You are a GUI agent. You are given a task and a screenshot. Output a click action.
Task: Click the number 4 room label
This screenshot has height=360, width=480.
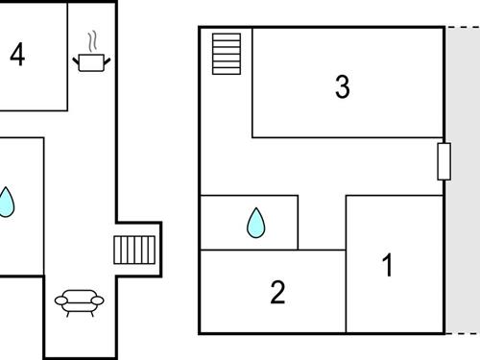tap(16, 55)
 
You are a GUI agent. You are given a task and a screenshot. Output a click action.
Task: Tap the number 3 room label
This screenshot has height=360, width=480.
tap(343, 87)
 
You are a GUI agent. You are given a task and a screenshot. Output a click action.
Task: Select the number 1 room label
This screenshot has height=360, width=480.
tap(388, 265)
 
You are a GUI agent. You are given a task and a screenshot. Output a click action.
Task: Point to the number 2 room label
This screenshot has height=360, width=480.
tap(277, 292)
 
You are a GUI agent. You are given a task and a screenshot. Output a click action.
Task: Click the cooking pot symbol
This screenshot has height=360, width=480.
tap(92, 62)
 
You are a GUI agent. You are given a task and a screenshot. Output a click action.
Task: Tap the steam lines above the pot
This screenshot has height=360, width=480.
tap(92, 41)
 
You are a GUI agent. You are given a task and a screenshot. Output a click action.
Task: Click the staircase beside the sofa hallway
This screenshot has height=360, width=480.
tap(134, 250)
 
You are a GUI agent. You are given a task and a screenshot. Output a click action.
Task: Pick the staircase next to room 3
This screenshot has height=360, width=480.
tap(227, 54)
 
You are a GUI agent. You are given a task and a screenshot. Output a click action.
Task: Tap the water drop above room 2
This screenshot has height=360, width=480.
tap(255, 223)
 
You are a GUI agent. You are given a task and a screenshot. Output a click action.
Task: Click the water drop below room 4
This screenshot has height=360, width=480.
tap(6, 202)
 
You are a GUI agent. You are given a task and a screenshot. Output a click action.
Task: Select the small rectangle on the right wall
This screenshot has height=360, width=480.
tap(444, 161)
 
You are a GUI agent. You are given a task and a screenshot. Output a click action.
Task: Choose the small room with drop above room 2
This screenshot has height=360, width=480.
tap(249, 223)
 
